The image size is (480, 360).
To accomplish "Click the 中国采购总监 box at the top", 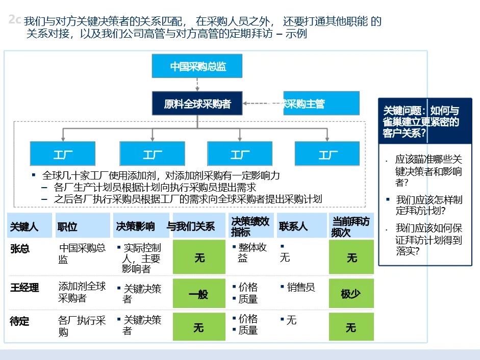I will pyautogui.click(x=197, y=66).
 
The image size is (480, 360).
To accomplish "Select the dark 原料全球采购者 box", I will pyautogui.click(x=197, y=104).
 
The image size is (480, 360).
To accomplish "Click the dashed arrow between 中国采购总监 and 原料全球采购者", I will pyautogui.click(x=197, y=85).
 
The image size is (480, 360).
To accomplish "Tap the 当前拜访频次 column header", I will pyautogui.click(x=351, y=226).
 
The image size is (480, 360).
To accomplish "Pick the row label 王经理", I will pyautogui.click(x=24, y=288).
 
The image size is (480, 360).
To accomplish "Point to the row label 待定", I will pyautogui.click(x=20, y=321).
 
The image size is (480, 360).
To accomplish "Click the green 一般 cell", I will pyautogui.click(x=198, y=294).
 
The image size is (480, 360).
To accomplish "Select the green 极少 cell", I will pyautogui.click(x=351, y=294).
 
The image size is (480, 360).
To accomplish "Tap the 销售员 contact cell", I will pyautogui.click(x=301, y=288).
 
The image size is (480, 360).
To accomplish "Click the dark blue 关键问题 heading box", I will pyautogui.click(x=425, y=121).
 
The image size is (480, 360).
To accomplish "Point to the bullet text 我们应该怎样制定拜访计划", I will pyautogui.click(x=428, y=204).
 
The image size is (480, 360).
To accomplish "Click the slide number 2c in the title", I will pyautogui.click(x=15, y=20).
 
